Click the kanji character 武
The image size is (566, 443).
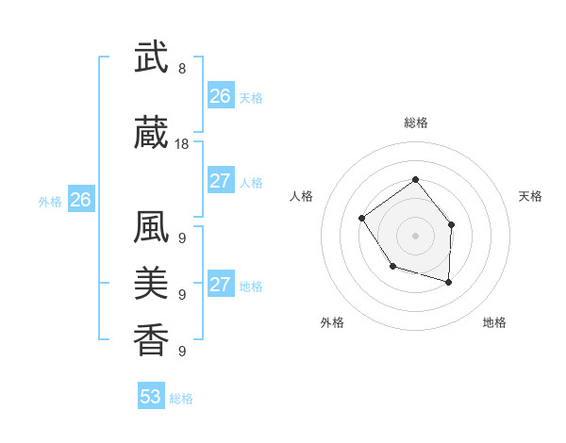(151, 58)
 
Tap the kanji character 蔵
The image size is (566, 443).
(151, 134)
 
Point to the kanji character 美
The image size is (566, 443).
(151, 283)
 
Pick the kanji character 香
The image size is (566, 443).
(151, 338)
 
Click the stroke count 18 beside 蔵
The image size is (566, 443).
(182, 144)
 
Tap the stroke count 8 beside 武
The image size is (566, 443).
(182, 69)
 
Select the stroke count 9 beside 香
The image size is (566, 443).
(182, 352)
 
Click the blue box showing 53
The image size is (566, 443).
(151, 397)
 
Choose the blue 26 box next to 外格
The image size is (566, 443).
(81, 200)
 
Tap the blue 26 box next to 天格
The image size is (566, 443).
(221, 96)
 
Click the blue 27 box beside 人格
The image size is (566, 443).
(221, 181)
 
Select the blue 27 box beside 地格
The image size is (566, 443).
(221, 285)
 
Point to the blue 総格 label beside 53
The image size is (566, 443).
(181, 399)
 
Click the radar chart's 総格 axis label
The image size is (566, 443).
(415, 123)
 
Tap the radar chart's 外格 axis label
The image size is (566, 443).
(332, 322)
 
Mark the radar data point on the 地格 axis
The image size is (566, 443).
(448, 282)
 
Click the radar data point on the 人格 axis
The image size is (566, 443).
(362, 219)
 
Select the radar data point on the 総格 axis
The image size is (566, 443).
(415, 180)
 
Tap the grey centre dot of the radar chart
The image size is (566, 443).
(415, 236)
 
